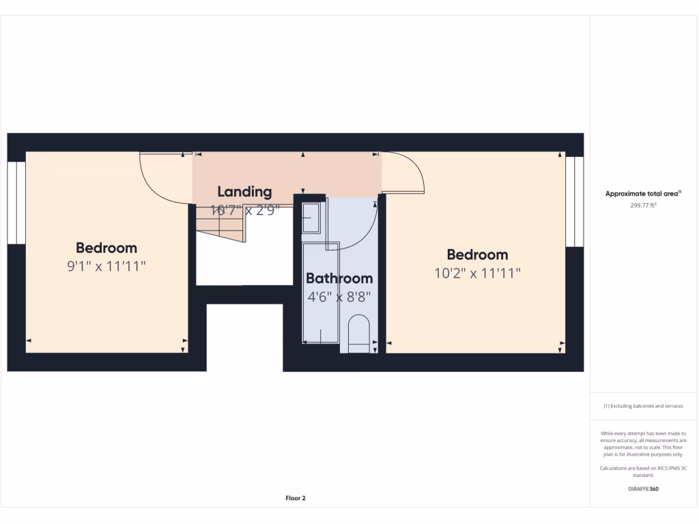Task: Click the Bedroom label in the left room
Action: (106, 248)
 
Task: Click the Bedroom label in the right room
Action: (477, 255)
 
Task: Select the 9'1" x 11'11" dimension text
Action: (106, 267)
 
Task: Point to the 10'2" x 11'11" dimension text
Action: (477, 274)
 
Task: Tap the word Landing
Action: (244, 192)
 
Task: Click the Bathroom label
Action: (339, 278)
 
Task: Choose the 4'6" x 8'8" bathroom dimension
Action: (339, 297)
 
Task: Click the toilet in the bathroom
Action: (358, 334)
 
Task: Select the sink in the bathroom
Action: (311, 216)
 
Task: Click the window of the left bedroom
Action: (16, 203)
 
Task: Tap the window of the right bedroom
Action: (575, 202)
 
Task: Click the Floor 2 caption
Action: (295, 498)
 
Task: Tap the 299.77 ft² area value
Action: (643, 205)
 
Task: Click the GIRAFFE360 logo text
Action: (643, 489)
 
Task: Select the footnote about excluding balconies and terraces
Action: (643, 406)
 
